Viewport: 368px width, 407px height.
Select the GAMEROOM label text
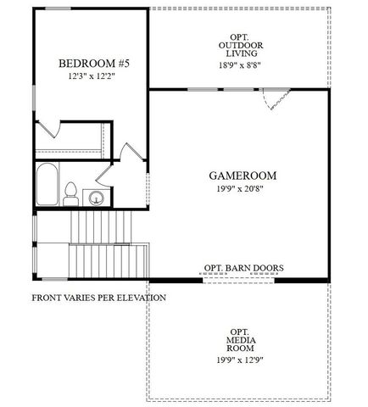(x=243, y=176)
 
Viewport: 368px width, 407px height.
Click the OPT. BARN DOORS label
(x=243, y=268)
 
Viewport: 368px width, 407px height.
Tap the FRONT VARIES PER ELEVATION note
(x=98, y=298)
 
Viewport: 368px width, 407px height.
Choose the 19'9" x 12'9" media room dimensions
(x=238, y=360)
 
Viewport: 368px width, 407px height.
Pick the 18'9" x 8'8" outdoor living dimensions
(x=240, y=64)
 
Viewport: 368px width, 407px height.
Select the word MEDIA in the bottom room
(x=238, y=339)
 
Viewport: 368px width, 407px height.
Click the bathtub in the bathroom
(x=47, y=185)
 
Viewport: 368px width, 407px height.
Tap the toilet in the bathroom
(x=73, y=192)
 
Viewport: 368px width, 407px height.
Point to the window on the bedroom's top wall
(x=58, y=8)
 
